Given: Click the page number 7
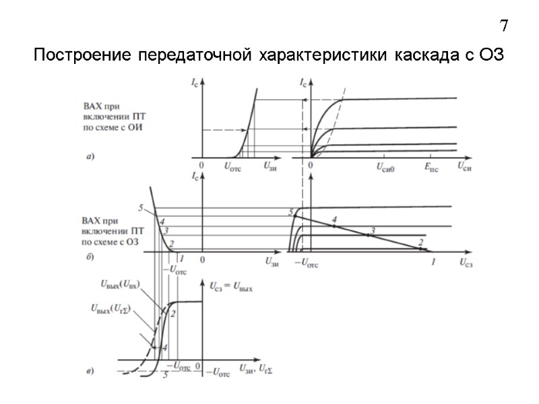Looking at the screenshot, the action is tap(503, 27).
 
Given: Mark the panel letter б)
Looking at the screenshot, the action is tap(88, 257).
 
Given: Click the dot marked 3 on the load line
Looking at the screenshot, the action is tap(368, 235).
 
